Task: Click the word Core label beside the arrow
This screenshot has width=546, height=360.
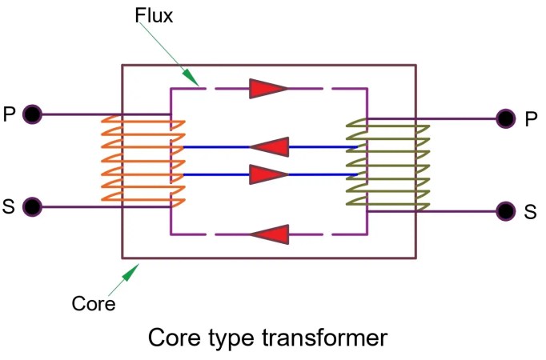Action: [x=94, y=304]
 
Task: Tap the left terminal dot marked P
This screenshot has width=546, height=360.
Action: [x=32, y=114]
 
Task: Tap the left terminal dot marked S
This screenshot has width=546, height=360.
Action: [x=32, y=207]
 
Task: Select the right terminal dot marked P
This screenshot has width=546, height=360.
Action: [x=504, y=119]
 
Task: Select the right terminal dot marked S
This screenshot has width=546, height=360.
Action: [x=504, y=211]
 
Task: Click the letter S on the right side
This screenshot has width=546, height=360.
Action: [x=530, y=212]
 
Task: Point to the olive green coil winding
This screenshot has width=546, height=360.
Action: [x=388, y=163]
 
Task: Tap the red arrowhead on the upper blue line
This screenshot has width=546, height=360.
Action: [x=269, y=147]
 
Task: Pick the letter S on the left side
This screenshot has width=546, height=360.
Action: [x=9, y=207]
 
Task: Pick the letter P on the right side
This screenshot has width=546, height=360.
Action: [x=531, y=120]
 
